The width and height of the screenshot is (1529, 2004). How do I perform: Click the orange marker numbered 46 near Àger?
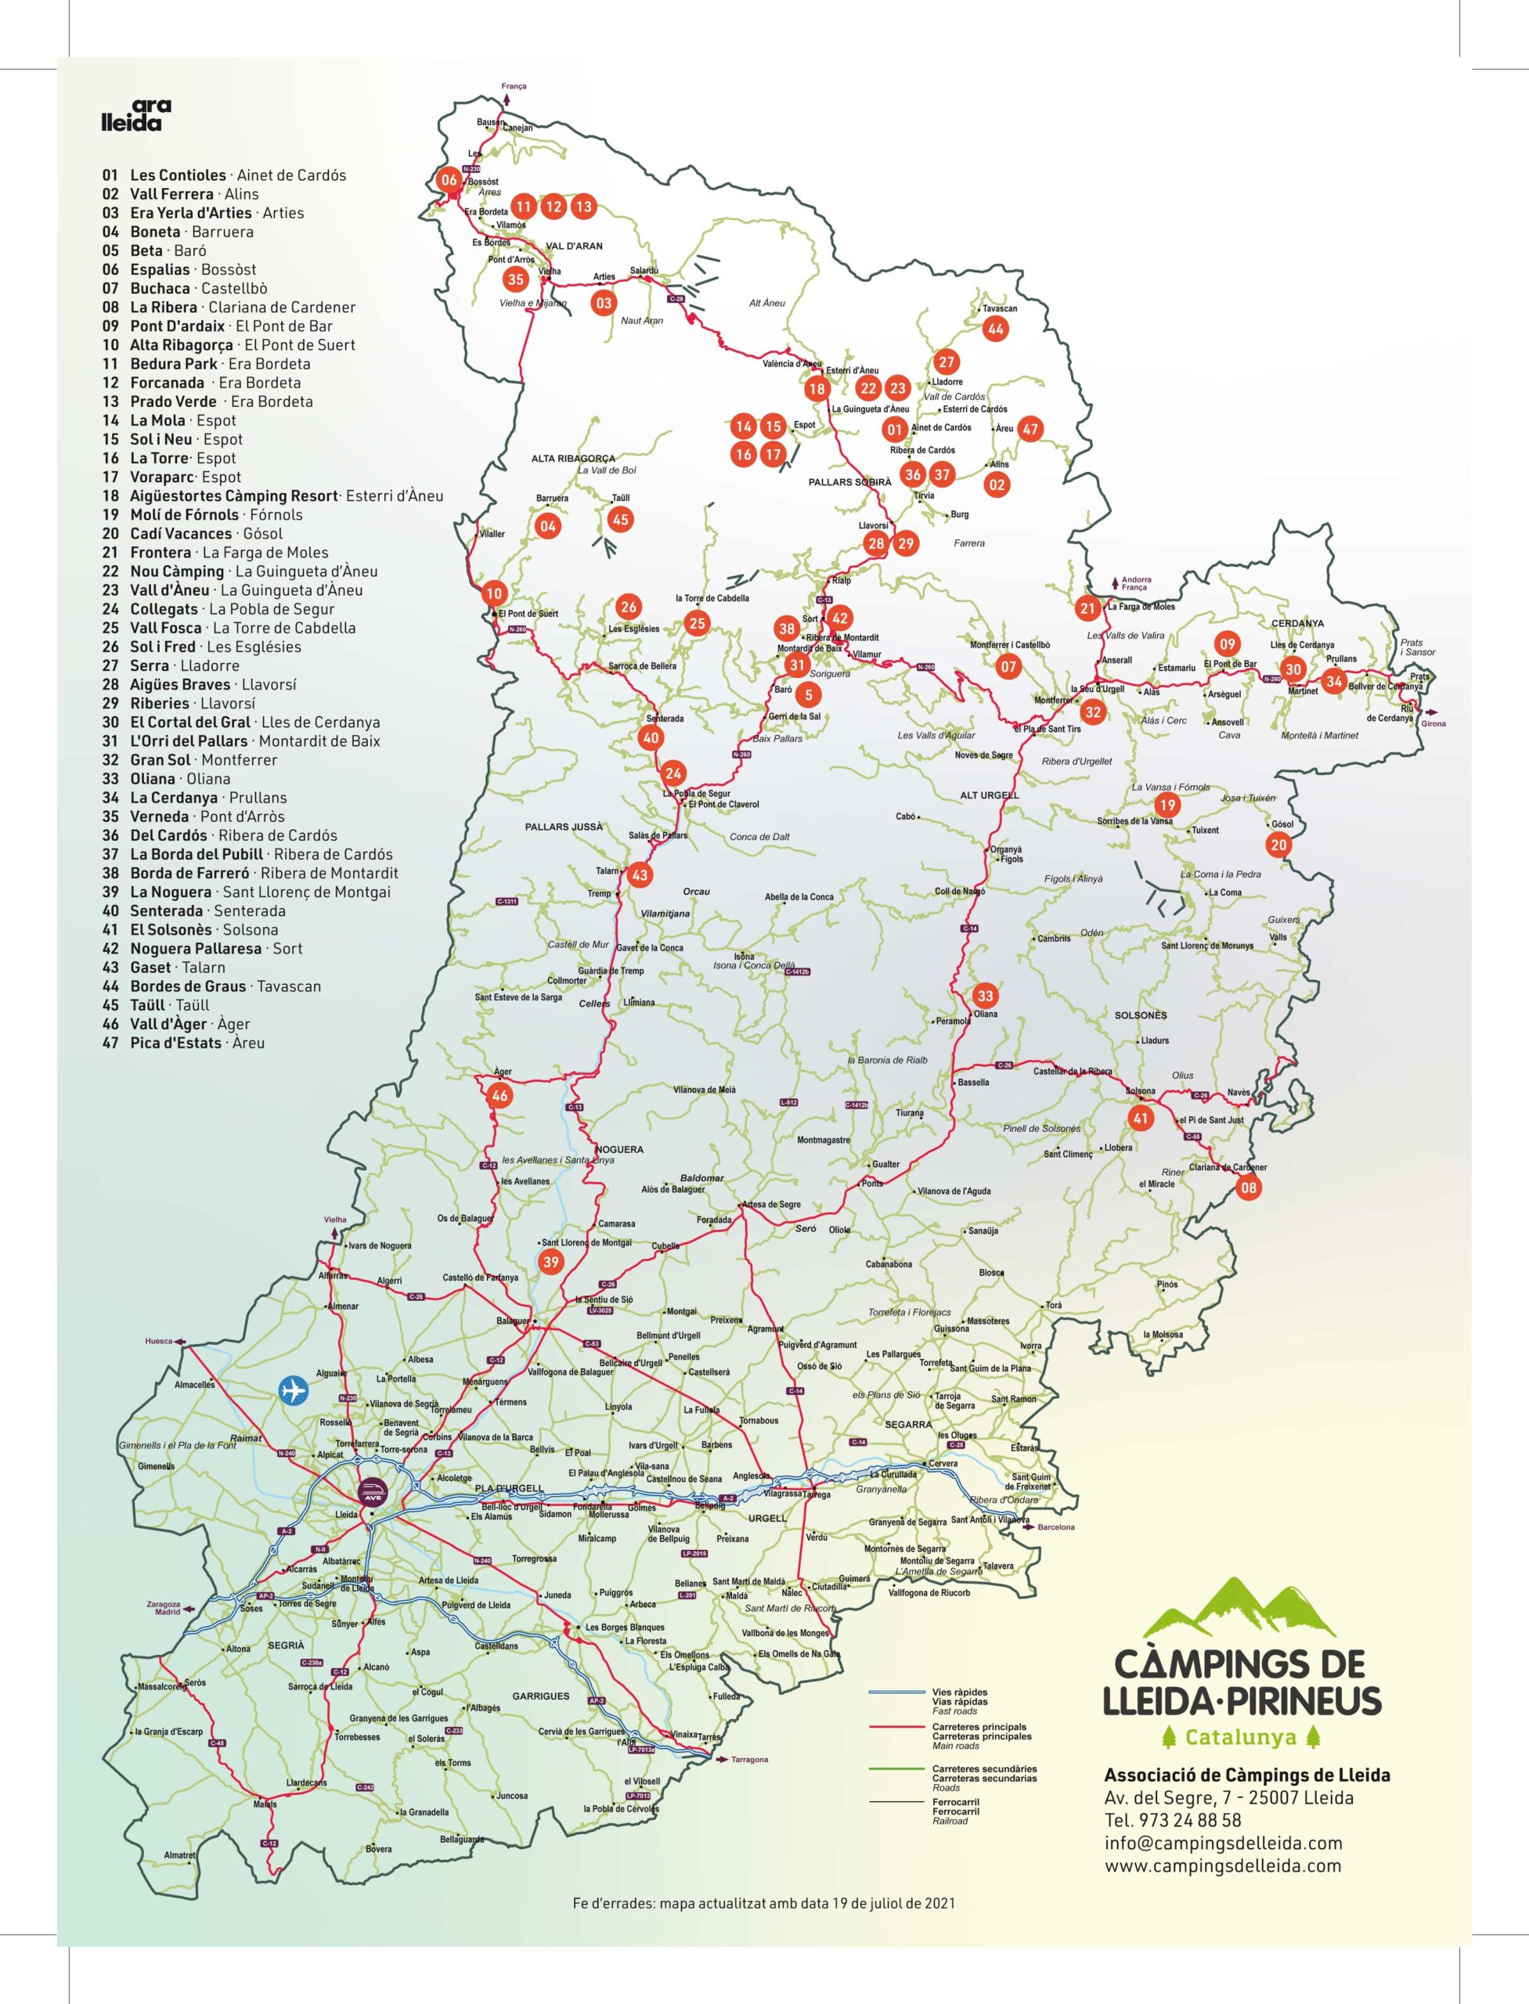coord(499,1096)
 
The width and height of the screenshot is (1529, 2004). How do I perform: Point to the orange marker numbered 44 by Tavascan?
coord(995,330)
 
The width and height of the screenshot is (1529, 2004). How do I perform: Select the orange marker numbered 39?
coord(550,1261)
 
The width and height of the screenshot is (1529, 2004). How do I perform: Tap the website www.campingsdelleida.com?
coord(1222,1865)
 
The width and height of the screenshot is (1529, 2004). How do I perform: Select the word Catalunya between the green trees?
coord(1239,1737)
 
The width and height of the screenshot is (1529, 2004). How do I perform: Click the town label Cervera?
coord(943,1463)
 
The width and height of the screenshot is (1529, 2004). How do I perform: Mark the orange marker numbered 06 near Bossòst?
coord(449,180)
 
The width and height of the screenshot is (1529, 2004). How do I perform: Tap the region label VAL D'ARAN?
coord(573,246)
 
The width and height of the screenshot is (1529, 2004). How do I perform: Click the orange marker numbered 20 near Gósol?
coord(1278,845)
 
